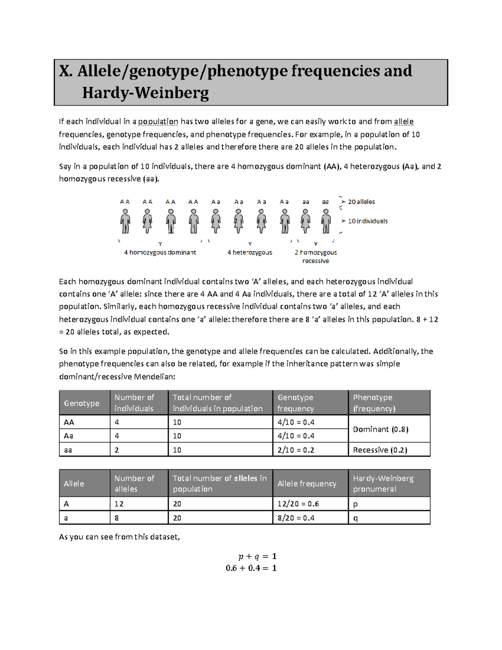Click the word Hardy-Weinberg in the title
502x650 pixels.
[x=145, y=92]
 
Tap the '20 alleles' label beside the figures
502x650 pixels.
[x=361, y=202]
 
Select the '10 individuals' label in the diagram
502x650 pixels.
[x=368, y=221]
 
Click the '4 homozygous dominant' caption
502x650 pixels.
[x=160, y=252]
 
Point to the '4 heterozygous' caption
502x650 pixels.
[x=250, y=252]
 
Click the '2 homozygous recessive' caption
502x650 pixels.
[x=315, y=257]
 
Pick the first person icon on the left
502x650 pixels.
[x=125, y=221]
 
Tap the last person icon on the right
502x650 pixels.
[x=325, y=221]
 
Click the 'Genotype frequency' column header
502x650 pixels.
[x=296, y=403]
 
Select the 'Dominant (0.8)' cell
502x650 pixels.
[x=381, y=429]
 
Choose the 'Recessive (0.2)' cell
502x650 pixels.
[x=380, y=450]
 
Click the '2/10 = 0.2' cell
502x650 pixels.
[x=296, y=450]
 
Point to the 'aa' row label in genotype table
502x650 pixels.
[x=68, y=450]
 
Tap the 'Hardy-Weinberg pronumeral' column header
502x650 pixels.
[x=383, y=483]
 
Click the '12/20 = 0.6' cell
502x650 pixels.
[x=298, y=504]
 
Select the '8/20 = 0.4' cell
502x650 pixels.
[x=296, y=518]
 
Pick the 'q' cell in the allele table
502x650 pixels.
[x=356, y=518]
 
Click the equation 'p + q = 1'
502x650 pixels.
[x=257, y=556]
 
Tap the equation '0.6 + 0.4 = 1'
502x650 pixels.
[x=251, y=568]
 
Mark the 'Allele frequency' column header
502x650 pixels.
[x=307, y=483]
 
